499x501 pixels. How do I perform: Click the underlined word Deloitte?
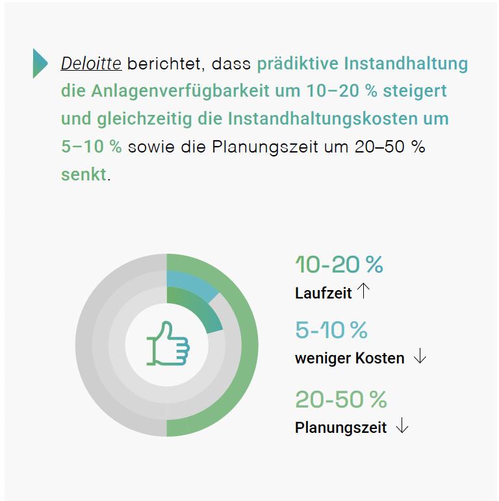click(x=91, y=64)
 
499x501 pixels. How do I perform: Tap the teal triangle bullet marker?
click(x=40, y=63)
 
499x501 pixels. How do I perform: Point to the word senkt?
click(x=83, y=175)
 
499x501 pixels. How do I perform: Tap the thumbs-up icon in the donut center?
click(x=168, y=344)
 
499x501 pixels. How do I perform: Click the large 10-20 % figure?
click(x=339, y=265)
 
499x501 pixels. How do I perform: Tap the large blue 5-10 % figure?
click(x=331, y=330)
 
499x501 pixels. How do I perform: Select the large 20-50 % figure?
click(x=340, y=400)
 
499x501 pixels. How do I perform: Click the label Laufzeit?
click(x=323, y=293)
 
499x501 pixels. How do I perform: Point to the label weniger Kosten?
click(x=350, y=358)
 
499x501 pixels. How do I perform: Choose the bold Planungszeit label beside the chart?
click(x=340, y=428)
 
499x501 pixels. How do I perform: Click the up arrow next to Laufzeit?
click(x=363, y=291)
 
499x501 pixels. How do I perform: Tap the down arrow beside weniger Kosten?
click(x=420, y=357)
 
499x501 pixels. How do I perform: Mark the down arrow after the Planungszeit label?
click(x=402, y=426)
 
